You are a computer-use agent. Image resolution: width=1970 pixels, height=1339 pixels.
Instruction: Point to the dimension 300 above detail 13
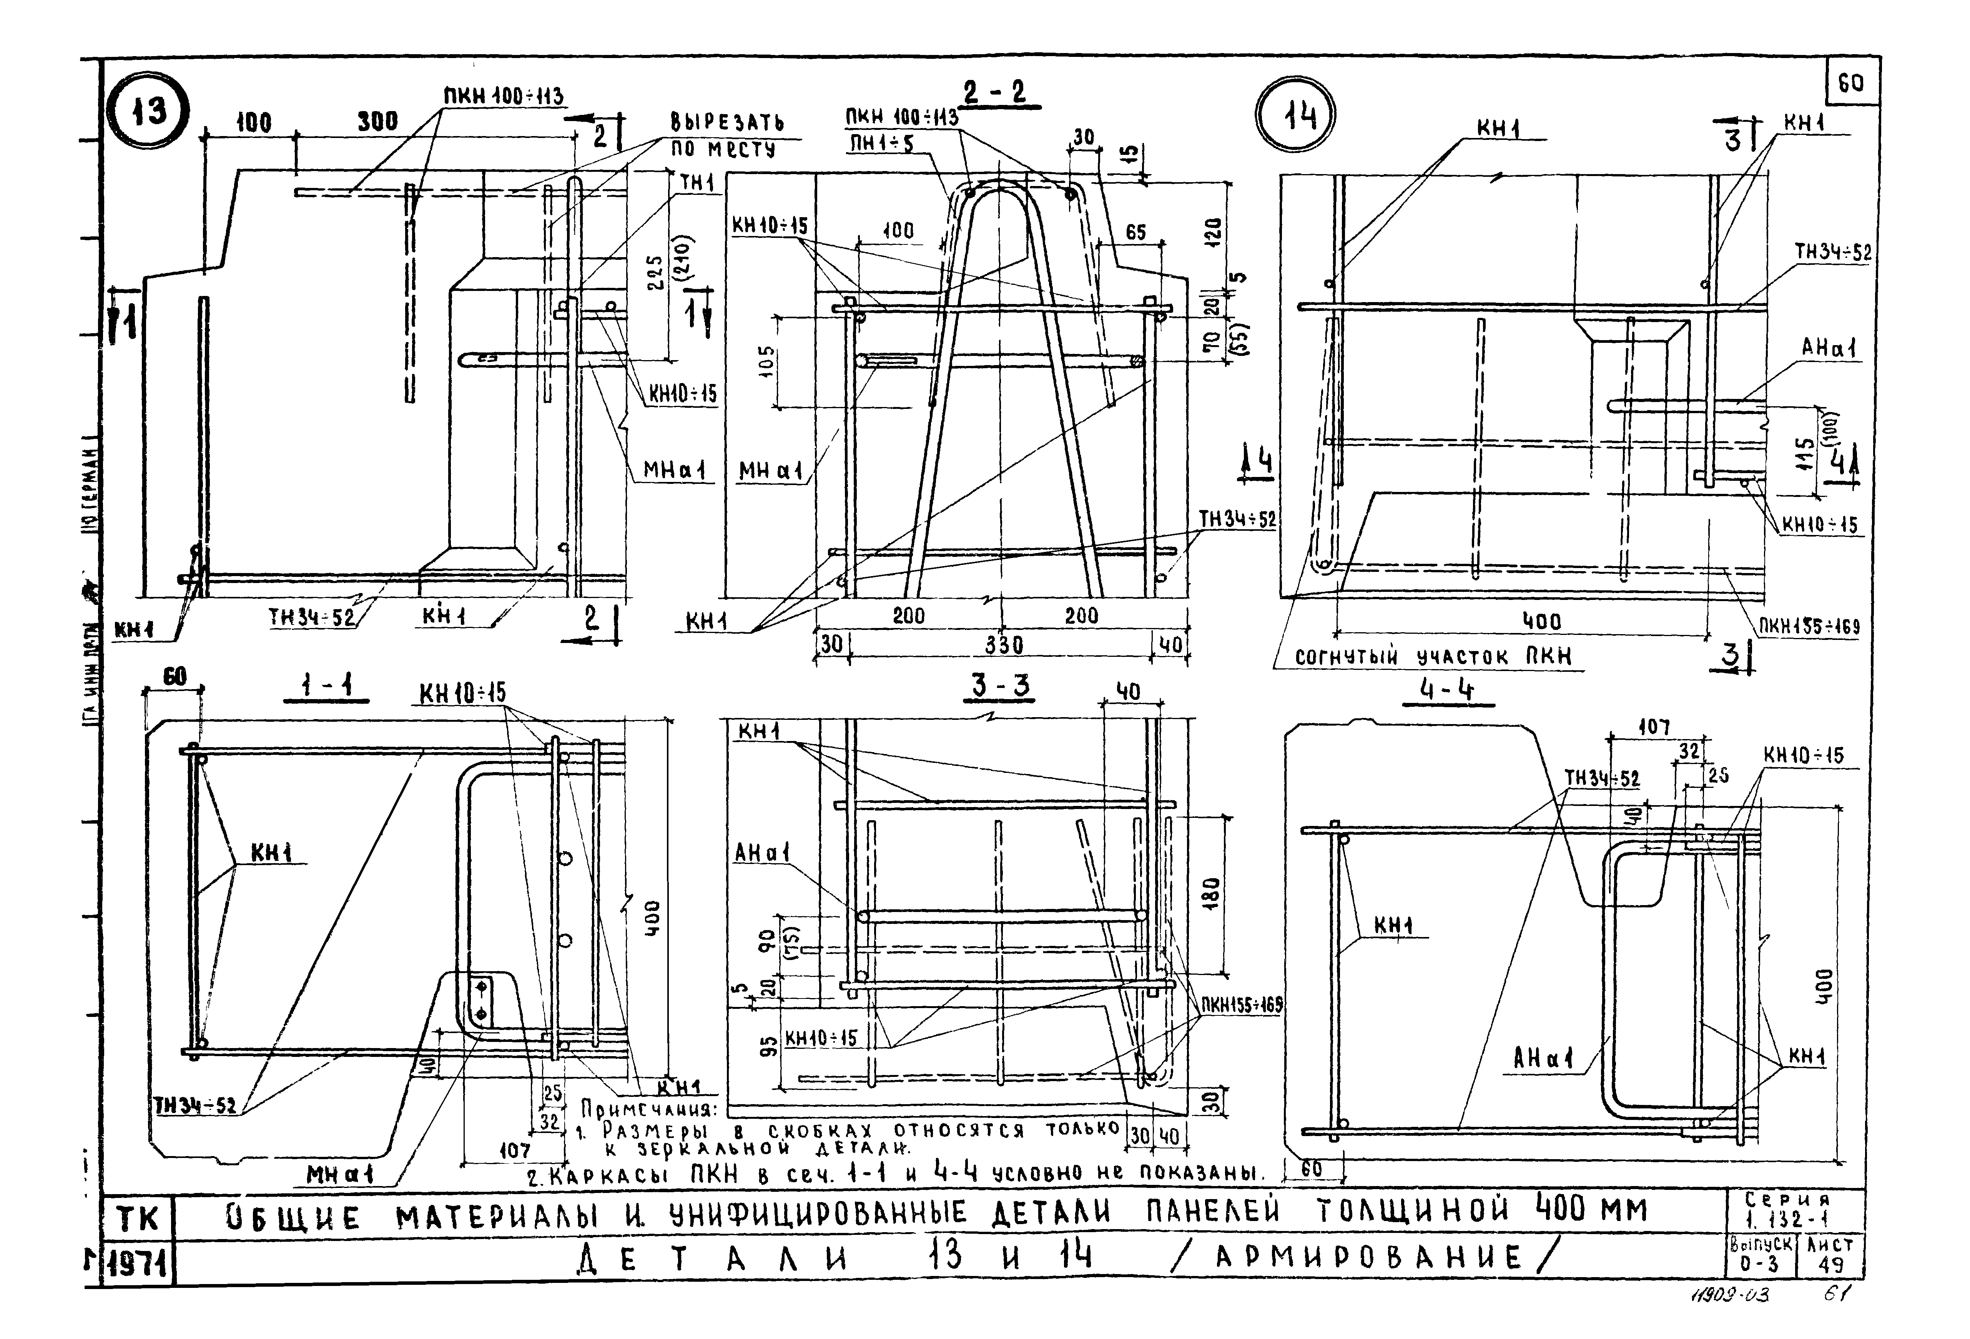click(376, 121)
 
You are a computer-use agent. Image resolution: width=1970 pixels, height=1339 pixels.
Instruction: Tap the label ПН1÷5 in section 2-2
click(881, 145)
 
